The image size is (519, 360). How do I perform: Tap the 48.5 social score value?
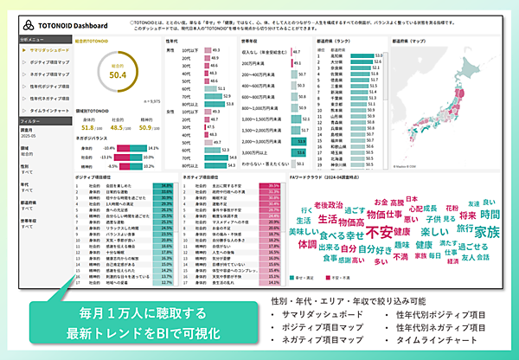121,128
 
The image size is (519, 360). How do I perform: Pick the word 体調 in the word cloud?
307,245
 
